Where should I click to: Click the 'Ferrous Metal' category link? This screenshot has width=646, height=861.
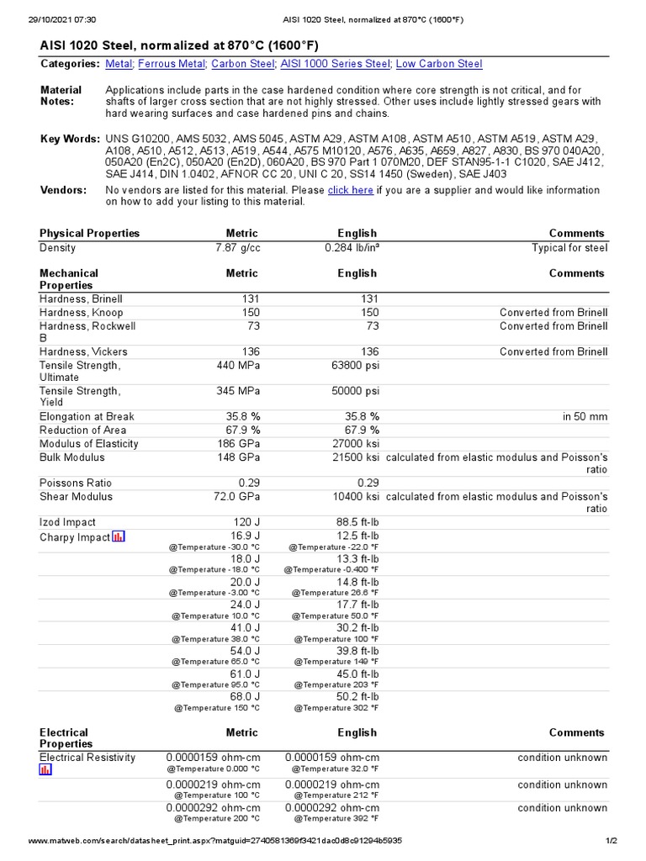tap(172, 64)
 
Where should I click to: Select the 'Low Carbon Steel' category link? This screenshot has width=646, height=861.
tap(439, 64)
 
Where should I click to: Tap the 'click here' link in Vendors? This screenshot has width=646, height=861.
tap(350, 190)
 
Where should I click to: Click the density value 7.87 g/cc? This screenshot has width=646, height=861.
tap(237, 248)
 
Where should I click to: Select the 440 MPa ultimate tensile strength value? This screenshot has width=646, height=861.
tap(236, 366)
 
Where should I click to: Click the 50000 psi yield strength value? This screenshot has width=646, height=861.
tap(353, 391)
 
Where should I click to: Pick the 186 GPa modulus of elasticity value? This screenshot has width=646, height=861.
tap(236, 443)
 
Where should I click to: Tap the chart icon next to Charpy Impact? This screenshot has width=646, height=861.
tap(119, 536)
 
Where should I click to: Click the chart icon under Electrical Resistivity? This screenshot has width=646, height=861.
tap(45, 769)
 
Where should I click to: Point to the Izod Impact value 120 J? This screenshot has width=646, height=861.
tap(245, 522)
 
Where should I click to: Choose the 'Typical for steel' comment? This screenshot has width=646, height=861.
tap(569, 248)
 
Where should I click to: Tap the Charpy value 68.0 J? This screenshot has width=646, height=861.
tap(245, 696)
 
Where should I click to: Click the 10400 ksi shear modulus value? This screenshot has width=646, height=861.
tap(356, 497)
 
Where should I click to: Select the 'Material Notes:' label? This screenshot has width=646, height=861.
tap(61, 95)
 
